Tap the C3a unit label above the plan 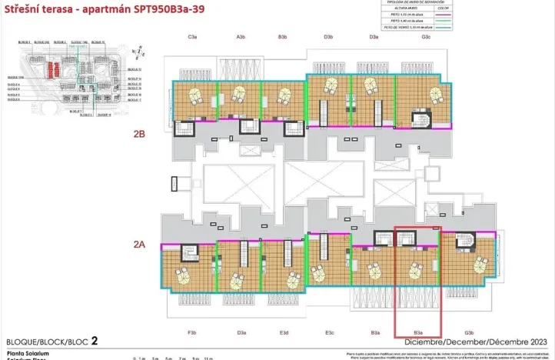(193, 37)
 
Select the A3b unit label (241, 37)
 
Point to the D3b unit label (328, 37)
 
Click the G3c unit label (426, 37)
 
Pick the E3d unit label (284, 332)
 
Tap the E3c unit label (329, 332)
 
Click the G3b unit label (469, 332)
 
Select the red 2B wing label (139, 133)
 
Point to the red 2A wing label (139, 244)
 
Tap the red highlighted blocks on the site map (51, 71)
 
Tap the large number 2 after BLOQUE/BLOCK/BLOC (94, 340)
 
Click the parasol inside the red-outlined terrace (416, 270)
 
